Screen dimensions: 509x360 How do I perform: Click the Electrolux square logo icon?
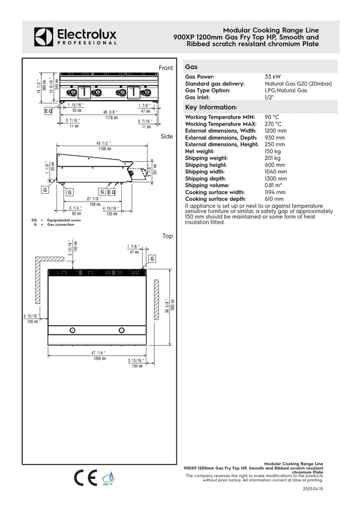pyautogui.click(x=44, y=37)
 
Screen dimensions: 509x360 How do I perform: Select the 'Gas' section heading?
pyautogui.click(x=192, y=67)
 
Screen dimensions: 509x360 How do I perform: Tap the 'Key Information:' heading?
pyautogui.click(x=206, y=107)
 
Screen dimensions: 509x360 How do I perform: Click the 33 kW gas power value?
pyautogui.click(x=273, y=77)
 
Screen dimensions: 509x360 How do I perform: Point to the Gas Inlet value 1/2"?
pyautogui.click(x=269, y=97)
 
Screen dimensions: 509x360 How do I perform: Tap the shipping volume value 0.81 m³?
pyautogui.click(x=274, y=185)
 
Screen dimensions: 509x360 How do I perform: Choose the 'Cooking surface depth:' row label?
pyautogui.click(x=215, y=198)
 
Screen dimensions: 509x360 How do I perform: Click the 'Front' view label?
pyautogui.click(x=166, y=67)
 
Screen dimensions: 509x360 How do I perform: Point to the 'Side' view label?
pyautogui.click(x=167, y=137)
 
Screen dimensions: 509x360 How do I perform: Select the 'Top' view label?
pyautogui.click(x=167, y=236)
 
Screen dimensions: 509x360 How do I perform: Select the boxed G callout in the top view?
pyautogui.click(x=152, y=258)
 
